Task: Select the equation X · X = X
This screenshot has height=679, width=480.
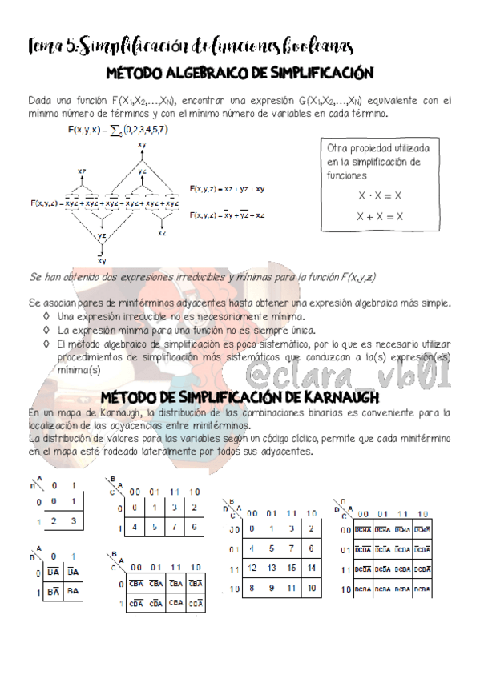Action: pos(380,195)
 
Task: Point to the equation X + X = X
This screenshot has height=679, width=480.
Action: pos(380,216)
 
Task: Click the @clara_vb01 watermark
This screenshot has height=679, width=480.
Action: pos(377,372)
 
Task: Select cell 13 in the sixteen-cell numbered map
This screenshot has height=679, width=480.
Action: pos(269,567)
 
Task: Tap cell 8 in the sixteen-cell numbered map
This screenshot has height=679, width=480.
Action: pos(252,588)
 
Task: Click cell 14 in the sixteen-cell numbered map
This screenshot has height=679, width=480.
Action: pos(310,567)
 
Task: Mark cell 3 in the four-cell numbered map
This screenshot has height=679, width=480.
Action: pos(73,521)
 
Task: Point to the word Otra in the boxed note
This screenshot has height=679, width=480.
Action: pos(338,150)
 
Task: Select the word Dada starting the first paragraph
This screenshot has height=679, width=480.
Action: pos(40,102)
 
